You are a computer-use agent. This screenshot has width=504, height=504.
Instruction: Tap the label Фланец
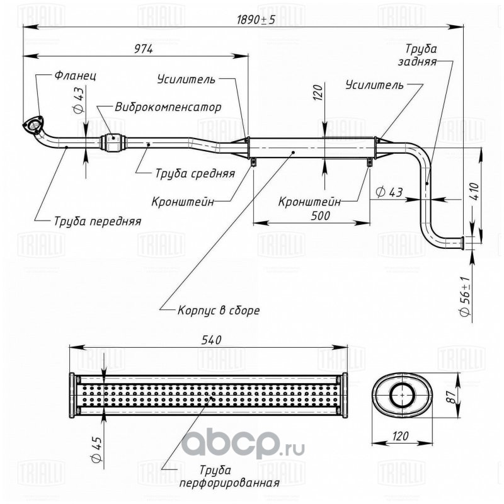74,76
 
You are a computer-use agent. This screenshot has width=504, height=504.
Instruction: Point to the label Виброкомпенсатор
168,106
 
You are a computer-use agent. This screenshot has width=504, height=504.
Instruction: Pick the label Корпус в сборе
218,310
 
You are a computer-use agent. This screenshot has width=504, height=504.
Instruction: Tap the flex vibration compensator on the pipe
111,142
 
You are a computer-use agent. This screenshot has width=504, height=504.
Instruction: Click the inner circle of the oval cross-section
400,396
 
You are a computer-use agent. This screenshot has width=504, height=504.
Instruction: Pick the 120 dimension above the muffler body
318,93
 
